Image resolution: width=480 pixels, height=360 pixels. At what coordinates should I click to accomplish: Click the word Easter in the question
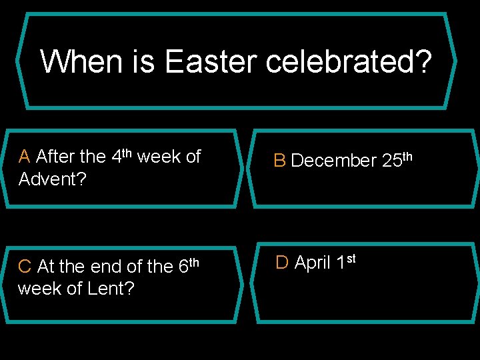click(x=211, y=62)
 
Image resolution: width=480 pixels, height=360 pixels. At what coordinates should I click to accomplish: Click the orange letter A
click(x=25, y=157)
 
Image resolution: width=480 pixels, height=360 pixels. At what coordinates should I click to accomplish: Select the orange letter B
click(x=280, y=161)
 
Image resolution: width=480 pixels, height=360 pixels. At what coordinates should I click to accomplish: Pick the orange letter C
click(x=25, y=267)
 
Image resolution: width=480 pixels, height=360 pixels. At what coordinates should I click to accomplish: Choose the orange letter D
click(x=282, y=263)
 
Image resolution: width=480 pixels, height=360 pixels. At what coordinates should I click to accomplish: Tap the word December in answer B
click(x=334, y=161)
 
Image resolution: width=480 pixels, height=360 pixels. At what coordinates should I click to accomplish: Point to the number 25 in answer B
click(x=391, y=161)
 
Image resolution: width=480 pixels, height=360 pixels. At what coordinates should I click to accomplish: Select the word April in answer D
click(x=313, y=263)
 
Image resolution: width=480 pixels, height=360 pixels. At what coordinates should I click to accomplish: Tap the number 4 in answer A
click(x=116, y=157)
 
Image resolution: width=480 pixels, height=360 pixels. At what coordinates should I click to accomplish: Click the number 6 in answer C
click(x=184, y=267)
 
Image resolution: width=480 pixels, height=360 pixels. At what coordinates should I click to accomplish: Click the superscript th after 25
click(x=407, y=156)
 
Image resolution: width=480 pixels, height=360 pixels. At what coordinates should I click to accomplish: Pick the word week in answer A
click(x=159, y=157)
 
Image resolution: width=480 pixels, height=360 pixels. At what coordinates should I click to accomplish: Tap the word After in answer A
click(x=55, y=157)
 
